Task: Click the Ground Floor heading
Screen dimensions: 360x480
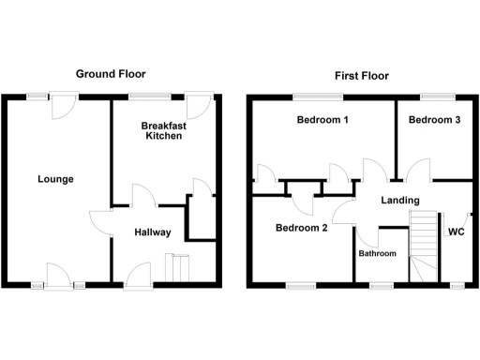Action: point(111,74)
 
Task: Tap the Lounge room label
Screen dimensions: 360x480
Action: point(55,179)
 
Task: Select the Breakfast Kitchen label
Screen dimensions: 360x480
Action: point(161,130)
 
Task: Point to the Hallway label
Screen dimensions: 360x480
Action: point(151,232)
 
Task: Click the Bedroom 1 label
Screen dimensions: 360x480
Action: point(322,120)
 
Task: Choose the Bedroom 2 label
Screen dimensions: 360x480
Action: point(301,228)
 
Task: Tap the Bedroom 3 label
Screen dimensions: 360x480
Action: point(434,120)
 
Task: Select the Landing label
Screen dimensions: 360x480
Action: point(399,201)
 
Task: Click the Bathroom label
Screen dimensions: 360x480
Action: point(378,254)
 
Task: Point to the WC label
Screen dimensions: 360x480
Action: point(457,232)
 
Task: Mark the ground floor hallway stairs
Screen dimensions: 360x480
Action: point(178,267)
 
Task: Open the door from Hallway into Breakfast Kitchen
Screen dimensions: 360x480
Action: point(143,195)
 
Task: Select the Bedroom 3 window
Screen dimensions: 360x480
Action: point(434,95)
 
